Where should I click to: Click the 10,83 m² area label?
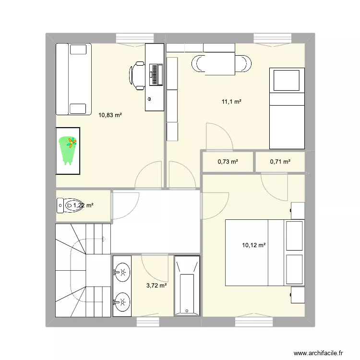(110, 115)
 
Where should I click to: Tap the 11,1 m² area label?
(231, 102)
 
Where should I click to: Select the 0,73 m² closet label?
(228, 162)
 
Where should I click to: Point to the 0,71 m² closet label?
(280, 162)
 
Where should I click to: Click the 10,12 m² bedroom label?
(254, 245)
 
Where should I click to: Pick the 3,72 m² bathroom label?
(156, 286)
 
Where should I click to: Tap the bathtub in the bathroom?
(187, 286)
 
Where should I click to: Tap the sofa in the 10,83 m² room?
(73, 79)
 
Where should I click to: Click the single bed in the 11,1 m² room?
(287, 108)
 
